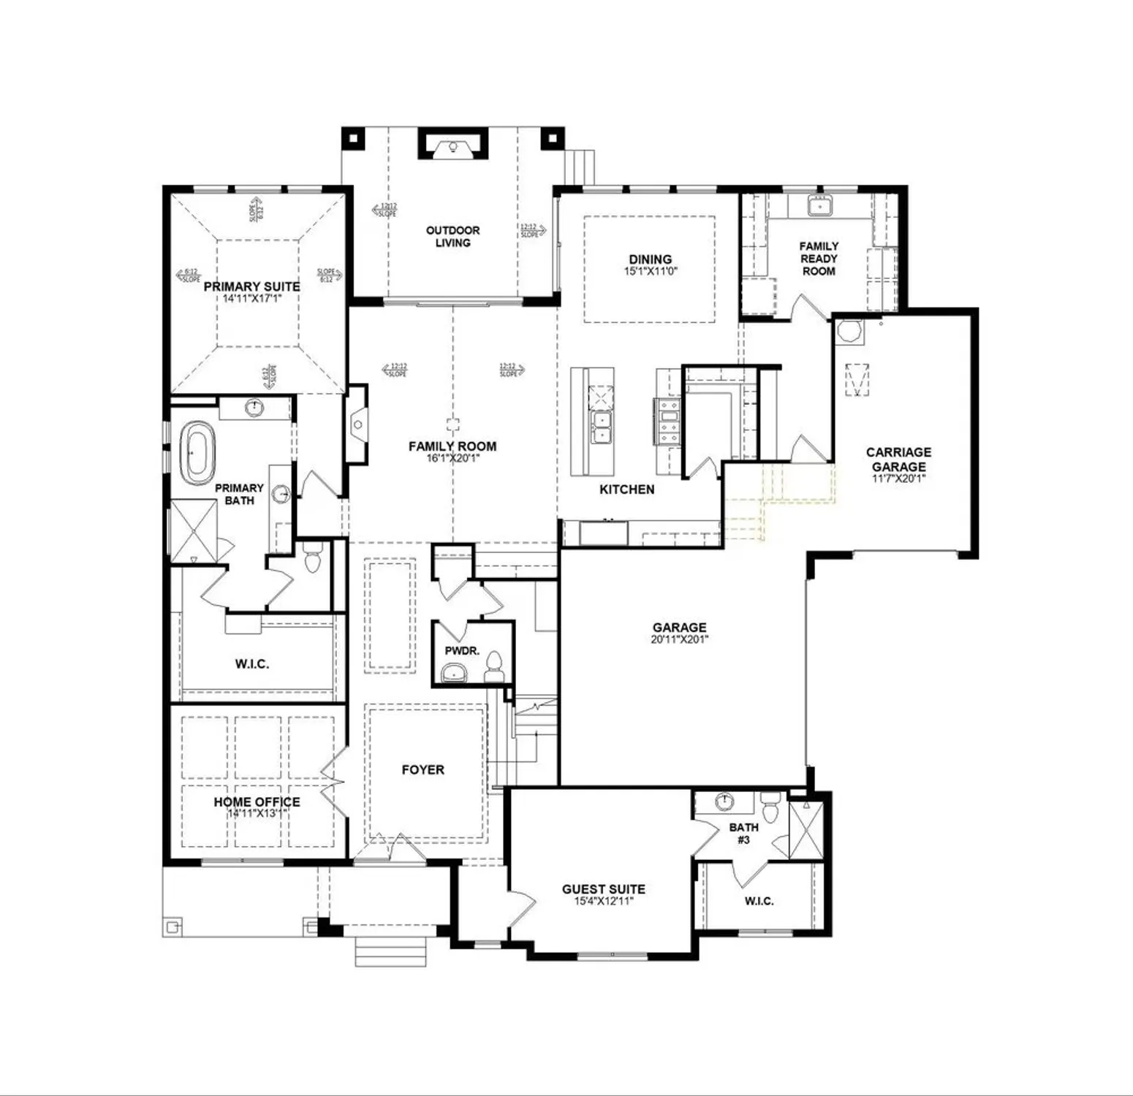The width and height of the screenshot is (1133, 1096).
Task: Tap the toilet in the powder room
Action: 495,666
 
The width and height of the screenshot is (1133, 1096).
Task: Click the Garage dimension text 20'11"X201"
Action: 679,639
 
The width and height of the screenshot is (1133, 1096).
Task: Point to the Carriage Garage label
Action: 898,459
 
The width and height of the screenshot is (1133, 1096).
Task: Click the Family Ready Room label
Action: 819,259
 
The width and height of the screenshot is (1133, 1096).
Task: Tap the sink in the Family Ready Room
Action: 819,207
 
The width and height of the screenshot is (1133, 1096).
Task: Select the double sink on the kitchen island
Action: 603,427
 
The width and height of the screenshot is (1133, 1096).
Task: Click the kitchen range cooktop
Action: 668,422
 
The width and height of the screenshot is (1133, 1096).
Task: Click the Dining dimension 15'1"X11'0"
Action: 650,271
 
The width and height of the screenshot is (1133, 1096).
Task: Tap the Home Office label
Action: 257,802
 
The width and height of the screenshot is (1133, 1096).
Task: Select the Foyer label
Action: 422,769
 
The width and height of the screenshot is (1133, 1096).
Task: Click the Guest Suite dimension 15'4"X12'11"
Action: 603,902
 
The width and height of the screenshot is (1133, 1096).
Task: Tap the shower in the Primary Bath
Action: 194,530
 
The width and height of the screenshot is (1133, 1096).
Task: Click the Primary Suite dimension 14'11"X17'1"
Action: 251,298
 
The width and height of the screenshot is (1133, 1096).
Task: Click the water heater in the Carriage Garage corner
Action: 849,331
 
